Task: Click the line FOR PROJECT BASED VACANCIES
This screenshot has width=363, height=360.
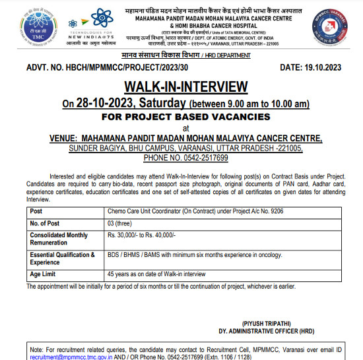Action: [x=185, y=116]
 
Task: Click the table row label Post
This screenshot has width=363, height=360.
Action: [x=37, y=211]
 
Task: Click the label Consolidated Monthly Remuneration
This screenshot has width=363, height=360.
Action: [x=59, y=239]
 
